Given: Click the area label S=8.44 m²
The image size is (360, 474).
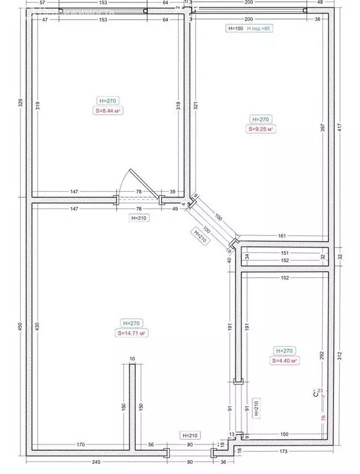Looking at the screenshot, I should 107,111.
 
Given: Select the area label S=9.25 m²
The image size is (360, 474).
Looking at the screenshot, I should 261,130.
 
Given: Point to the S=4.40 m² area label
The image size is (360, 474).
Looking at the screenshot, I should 285,361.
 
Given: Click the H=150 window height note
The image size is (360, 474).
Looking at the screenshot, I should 234,28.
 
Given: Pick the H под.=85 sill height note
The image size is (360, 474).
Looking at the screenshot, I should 258,28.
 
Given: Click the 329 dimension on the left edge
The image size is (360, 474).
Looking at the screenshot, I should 20,102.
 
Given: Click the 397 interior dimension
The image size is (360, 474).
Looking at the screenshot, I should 322,127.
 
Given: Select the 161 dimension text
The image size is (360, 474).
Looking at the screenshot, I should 282,235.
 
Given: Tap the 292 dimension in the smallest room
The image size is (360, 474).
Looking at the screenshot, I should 322,355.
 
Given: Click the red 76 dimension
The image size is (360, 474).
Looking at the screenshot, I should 322,418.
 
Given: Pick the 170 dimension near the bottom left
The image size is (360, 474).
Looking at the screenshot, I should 80,444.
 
